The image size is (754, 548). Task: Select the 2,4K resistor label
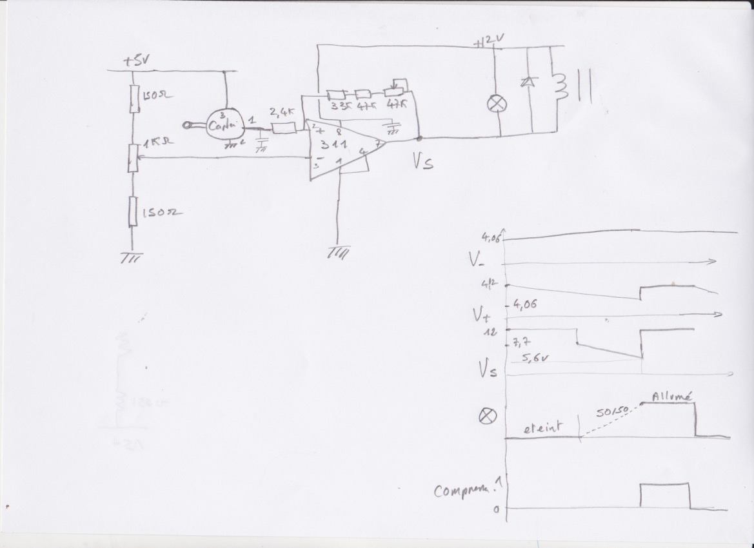281,112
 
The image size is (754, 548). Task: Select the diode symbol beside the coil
530,82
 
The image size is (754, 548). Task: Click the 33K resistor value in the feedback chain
337,104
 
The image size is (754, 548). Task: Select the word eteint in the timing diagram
542,426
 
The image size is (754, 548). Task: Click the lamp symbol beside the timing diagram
488,416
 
